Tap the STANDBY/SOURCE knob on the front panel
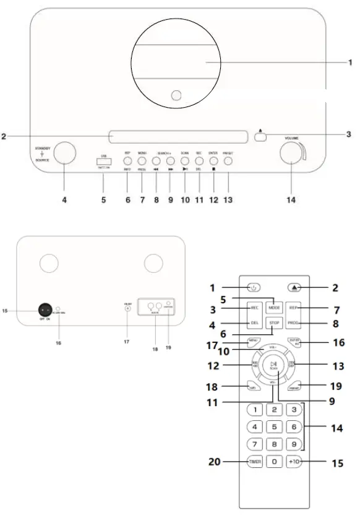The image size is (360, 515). click(x=65, y=152)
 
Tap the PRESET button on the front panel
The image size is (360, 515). click(x=228, y=162)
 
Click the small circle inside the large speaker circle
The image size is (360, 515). click(x=176, y=96)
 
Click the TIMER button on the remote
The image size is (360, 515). click(x=255, y=462)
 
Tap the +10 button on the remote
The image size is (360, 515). click(x=294, y=462)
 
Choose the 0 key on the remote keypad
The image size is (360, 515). click(x=275, y=462)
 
